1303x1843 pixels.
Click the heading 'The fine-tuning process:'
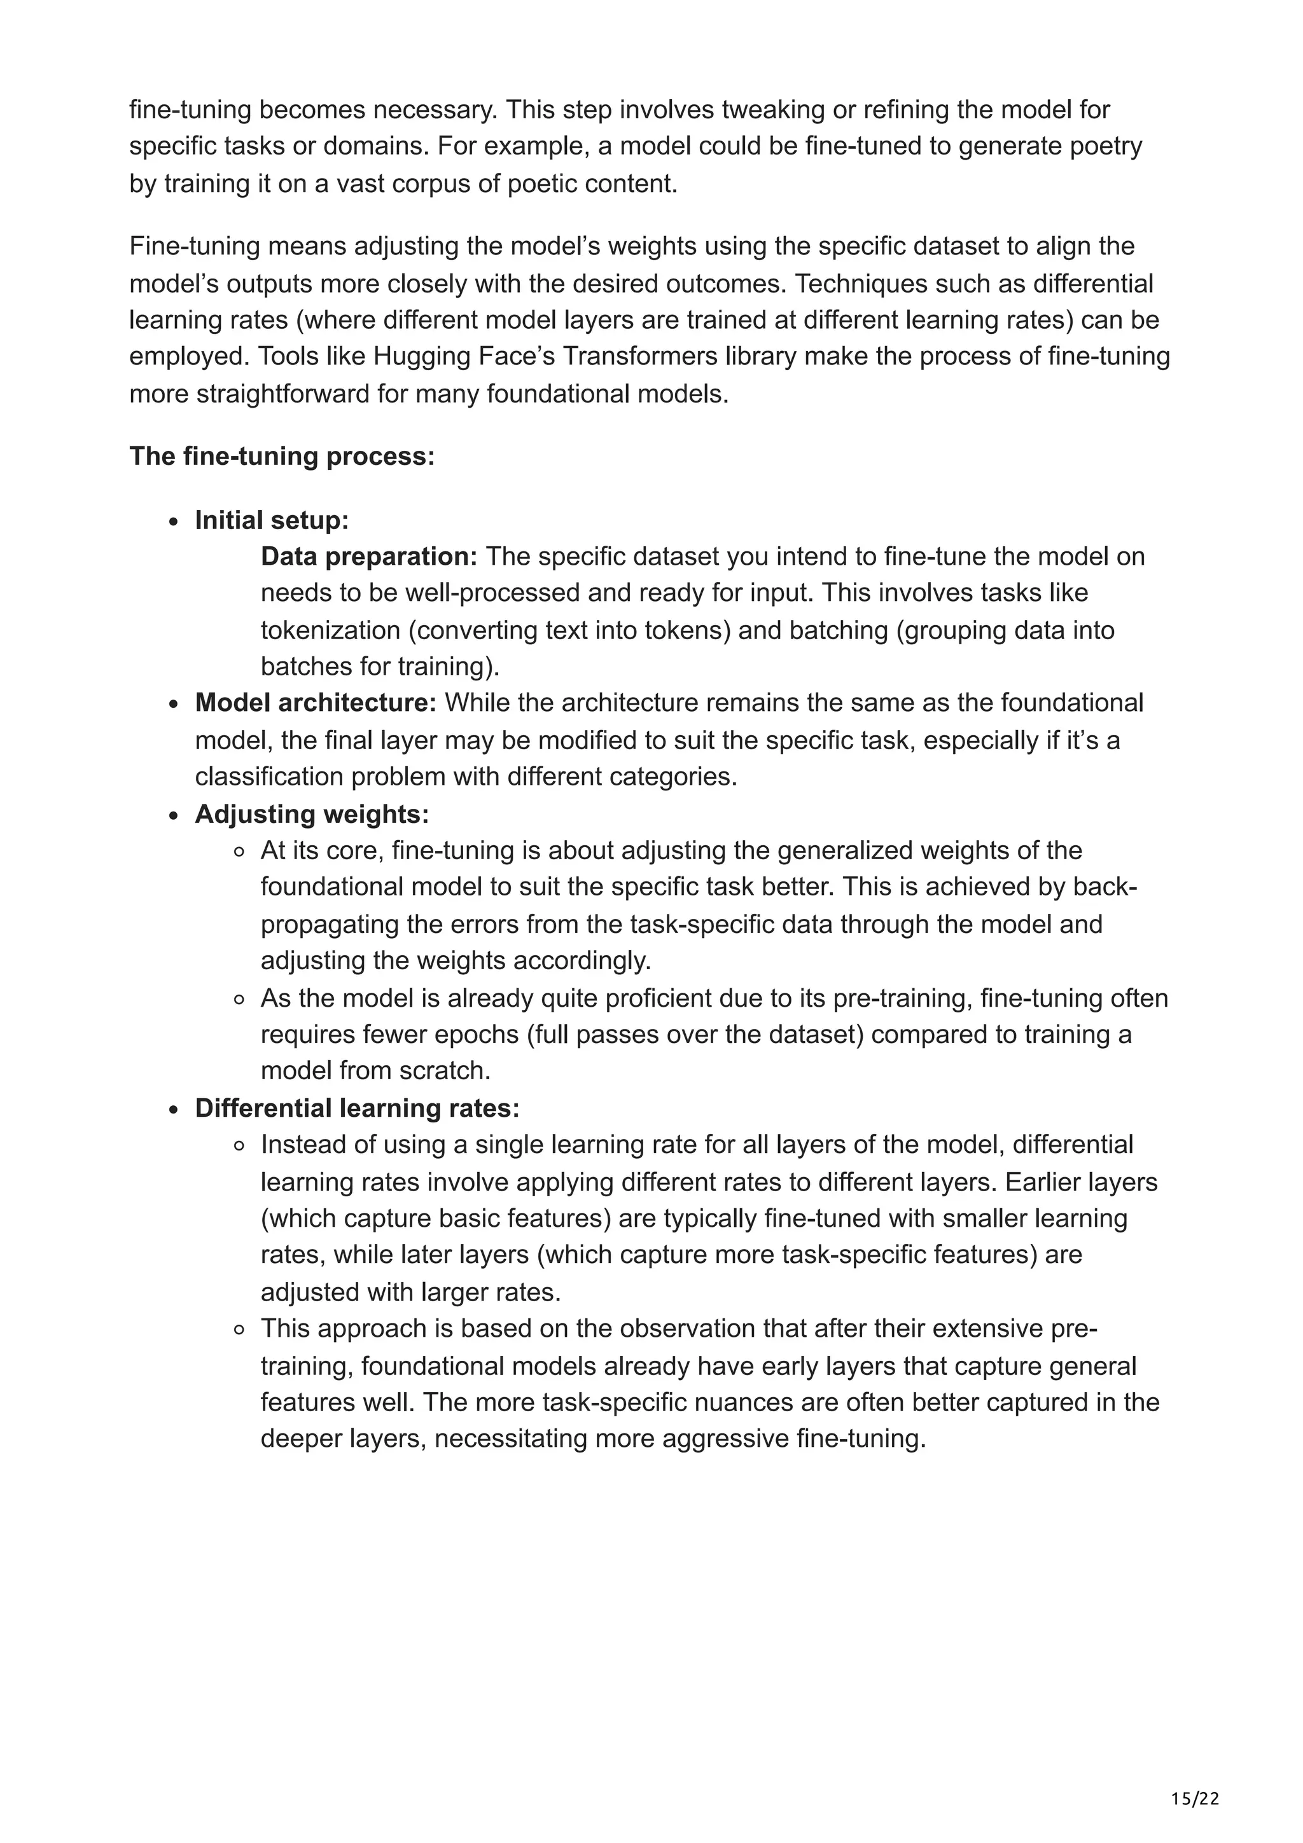282,456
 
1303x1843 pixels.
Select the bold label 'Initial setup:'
272,520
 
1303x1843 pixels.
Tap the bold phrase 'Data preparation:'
369,556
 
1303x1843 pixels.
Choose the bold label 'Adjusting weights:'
312,814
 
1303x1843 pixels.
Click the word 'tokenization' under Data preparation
331,630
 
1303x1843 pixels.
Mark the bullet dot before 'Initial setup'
174,521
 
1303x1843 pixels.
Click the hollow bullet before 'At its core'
239,852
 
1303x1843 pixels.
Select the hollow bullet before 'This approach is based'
239,1329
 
